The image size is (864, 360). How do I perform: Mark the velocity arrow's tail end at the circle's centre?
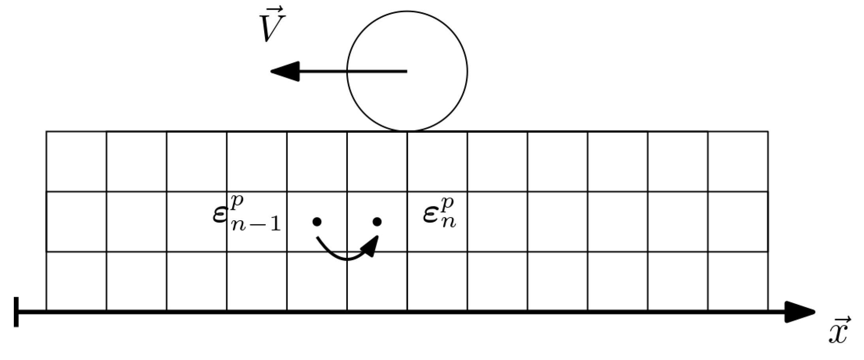coord(406,71)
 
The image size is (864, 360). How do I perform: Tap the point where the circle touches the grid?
coord(407,131)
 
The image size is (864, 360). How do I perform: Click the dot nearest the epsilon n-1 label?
coord(316,222)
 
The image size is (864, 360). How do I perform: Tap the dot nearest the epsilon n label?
coord(377,222)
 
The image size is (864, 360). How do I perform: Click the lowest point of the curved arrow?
coord(346,259)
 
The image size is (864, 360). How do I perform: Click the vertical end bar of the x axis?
coord(16,312)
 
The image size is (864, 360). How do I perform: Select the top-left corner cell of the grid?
coord(76,161)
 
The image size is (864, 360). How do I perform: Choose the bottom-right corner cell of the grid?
coord(738,281)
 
